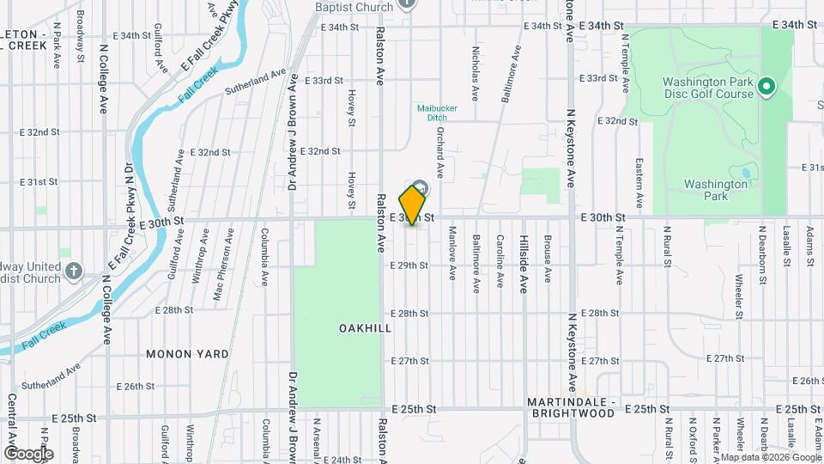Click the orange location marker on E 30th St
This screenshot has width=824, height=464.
tap(413, 205)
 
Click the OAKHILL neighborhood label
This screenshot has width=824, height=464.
tap(365, 328)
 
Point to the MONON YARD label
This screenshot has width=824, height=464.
tap(187, 354)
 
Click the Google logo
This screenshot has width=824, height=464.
tap(27, 453)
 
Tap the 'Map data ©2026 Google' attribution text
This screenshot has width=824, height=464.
tap(769, 457)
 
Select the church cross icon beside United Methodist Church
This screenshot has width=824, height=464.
tap(74, 272)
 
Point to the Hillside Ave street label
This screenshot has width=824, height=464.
tap(523, 266)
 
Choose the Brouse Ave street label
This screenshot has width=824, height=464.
tap(547, 259)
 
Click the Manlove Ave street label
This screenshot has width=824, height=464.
tap(451, 258)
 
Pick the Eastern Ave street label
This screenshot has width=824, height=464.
tap(639, 181)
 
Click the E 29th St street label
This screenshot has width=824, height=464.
tap(408, 266)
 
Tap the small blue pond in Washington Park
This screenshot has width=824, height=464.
tap(745, 173)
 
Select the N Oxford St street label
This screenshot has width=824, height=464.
tap(691, 438)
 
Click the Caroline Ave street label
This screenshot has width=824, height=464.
tap(499, 259)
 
